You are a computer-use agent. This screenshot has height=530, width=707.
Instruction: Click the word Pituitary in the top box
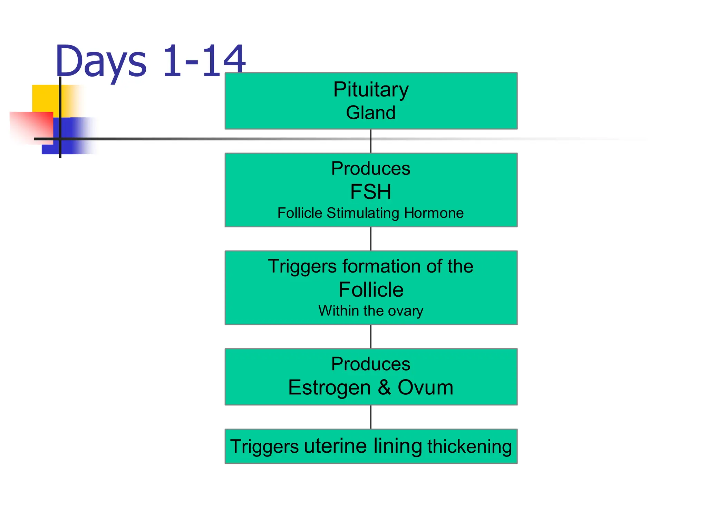pos(371,90)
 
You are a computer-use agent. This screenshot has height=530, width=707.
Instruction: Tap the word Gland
pos(371,112)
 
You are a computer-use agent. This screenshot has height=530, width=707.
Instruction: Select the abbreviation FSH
pos(371,192)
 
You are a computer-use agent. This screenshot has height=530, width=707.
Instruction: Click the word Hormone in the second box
pos(434,213)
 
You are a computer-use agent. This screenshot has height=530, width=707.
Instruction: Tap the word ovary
pos(405,311)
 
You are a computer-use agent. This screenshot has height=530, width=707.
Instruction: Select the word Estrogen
pos(329,387)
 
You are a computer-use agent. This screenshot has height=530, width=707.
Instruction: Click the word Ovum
pos(425,387)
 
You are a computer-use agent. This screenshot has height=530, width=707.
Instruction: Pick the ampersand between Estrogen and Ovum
pos(384,387)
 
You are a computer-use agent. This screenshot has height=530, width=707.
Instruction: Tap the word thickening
pos(469,446)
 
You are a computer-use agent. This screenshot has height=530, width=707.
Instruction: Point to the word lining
pos(398,446)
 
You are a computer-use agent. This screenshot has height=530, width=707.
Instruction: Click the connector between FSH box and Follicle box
pos(371,239)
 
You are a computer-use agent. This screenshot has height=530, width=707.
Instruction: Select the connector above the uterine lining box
pos(371,417)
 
